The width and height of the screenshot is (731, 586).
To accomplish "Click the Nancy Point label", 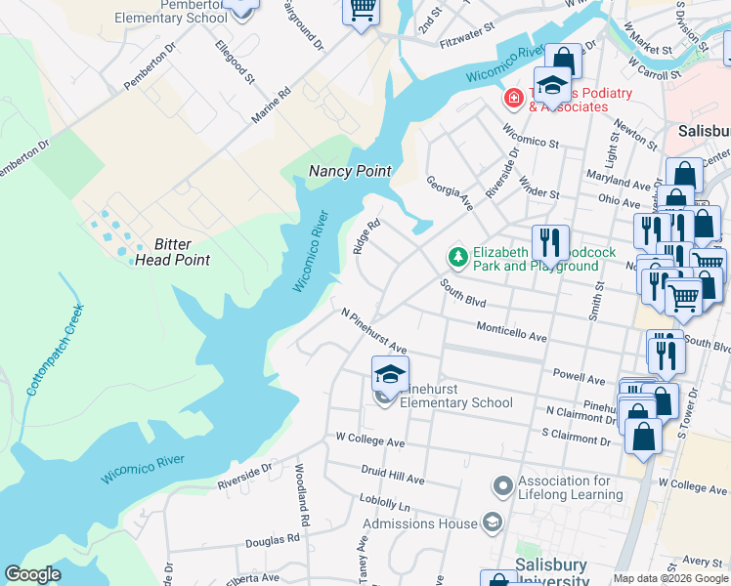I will pyautogui.click(x=350, y=171).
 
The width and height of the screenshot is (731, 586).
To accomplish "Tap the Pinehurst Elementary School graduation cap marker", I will pyautogui.click(x=390, y=375).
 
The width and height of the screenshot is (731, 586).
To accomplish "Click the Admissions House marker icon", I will pyautogui.click(x=491, y=523).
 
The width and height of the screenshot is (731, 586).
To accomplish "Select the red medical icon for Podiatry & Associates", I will pyautogui.click(x=511, y=99).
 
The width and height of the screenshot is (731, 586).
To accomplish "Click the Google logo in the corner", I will pyautogui.click(x=33, y=574).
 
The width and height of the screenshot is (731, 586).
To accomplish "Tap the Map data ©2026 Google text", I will pyautogui.click(x=669, y=578).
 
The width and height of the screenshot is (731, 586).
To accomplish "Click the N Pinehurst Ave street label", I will pyautogui.click(x=373, y=331).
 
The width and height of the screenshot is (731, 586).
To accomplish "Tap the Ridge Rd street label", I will pyautogui.click(x=365, y=235).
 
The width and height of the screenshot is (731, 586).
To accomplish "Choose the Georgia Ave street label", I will pyautogui.click(x=449, y=192).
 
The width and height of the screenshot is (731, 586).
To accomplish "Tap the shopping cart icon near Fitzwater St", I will pyautogui.click(x=361, y=11).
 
